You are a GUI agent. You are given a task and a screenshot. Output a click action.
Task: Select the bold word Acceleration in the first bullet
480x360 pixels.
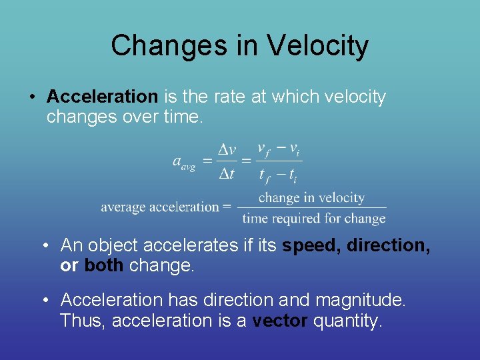[x=102, y=97]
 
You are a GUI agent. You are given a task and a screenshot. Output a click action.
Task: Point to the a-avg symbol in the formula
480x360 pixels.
[x=183, y=162]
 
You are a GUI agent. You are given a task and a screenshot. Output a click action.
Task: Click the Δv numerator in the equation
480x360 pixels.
[x=227, y=150]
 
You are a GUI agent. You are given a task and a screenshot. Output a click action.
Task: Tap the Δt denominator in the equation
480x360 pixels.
[x=227, y=174]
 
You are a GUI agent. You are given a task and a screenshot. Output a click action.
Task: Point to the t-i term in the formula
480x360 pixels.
[x=293, y=175]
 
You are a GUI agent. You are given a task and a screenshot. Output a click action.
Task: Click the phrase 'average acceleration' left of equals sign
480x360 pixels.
[x=160, y=207]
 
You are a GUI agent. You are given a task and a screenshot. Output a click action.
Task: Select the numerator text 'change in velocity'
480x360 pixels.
[x=311, y=197]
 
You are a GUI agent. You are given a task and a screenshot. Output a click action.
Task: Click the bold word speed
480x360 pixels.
[x=311, y=246]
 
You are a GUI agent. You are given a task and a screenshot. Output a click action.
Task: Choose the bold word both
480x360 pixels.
[x=103, y=265]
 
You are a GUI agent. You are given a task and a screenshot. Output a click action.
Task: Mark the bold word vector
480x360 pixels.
[x=280, y=321]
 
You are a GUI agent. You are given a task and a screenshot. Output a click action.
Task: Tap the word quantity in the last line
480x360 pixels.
[x=348, y=321]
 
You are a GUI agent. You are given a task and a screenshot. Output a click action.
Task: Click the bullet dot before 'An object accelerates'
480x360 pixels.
[x=45, y=245]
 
